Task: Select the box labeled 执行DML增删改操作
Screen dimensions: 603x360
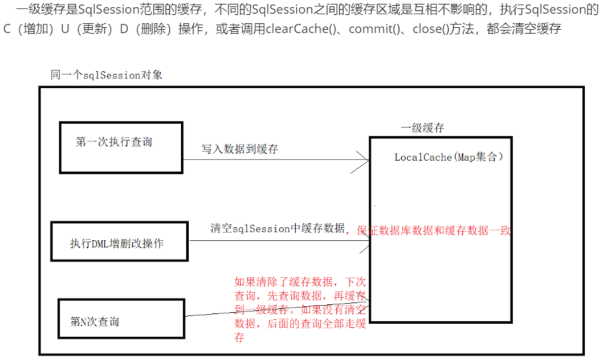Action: [119, 242]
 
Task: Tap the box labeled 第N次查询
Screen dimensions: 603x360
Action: [122, 321]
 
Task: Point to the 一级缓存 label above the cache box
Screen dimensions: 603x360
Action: [422, 128]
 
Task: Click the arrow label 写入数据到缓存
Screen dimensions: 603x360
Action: [240, 149]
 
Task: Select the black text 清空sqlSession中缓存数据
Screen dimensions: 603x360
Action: [278, 228]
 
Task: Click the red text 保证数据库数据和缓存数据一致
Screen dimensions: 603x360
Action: [433, 230]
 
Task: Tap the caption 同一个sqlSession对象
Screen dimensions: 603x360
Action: [107, 75]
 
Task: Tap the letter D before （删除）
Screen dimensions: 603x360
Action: [124, 28]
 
